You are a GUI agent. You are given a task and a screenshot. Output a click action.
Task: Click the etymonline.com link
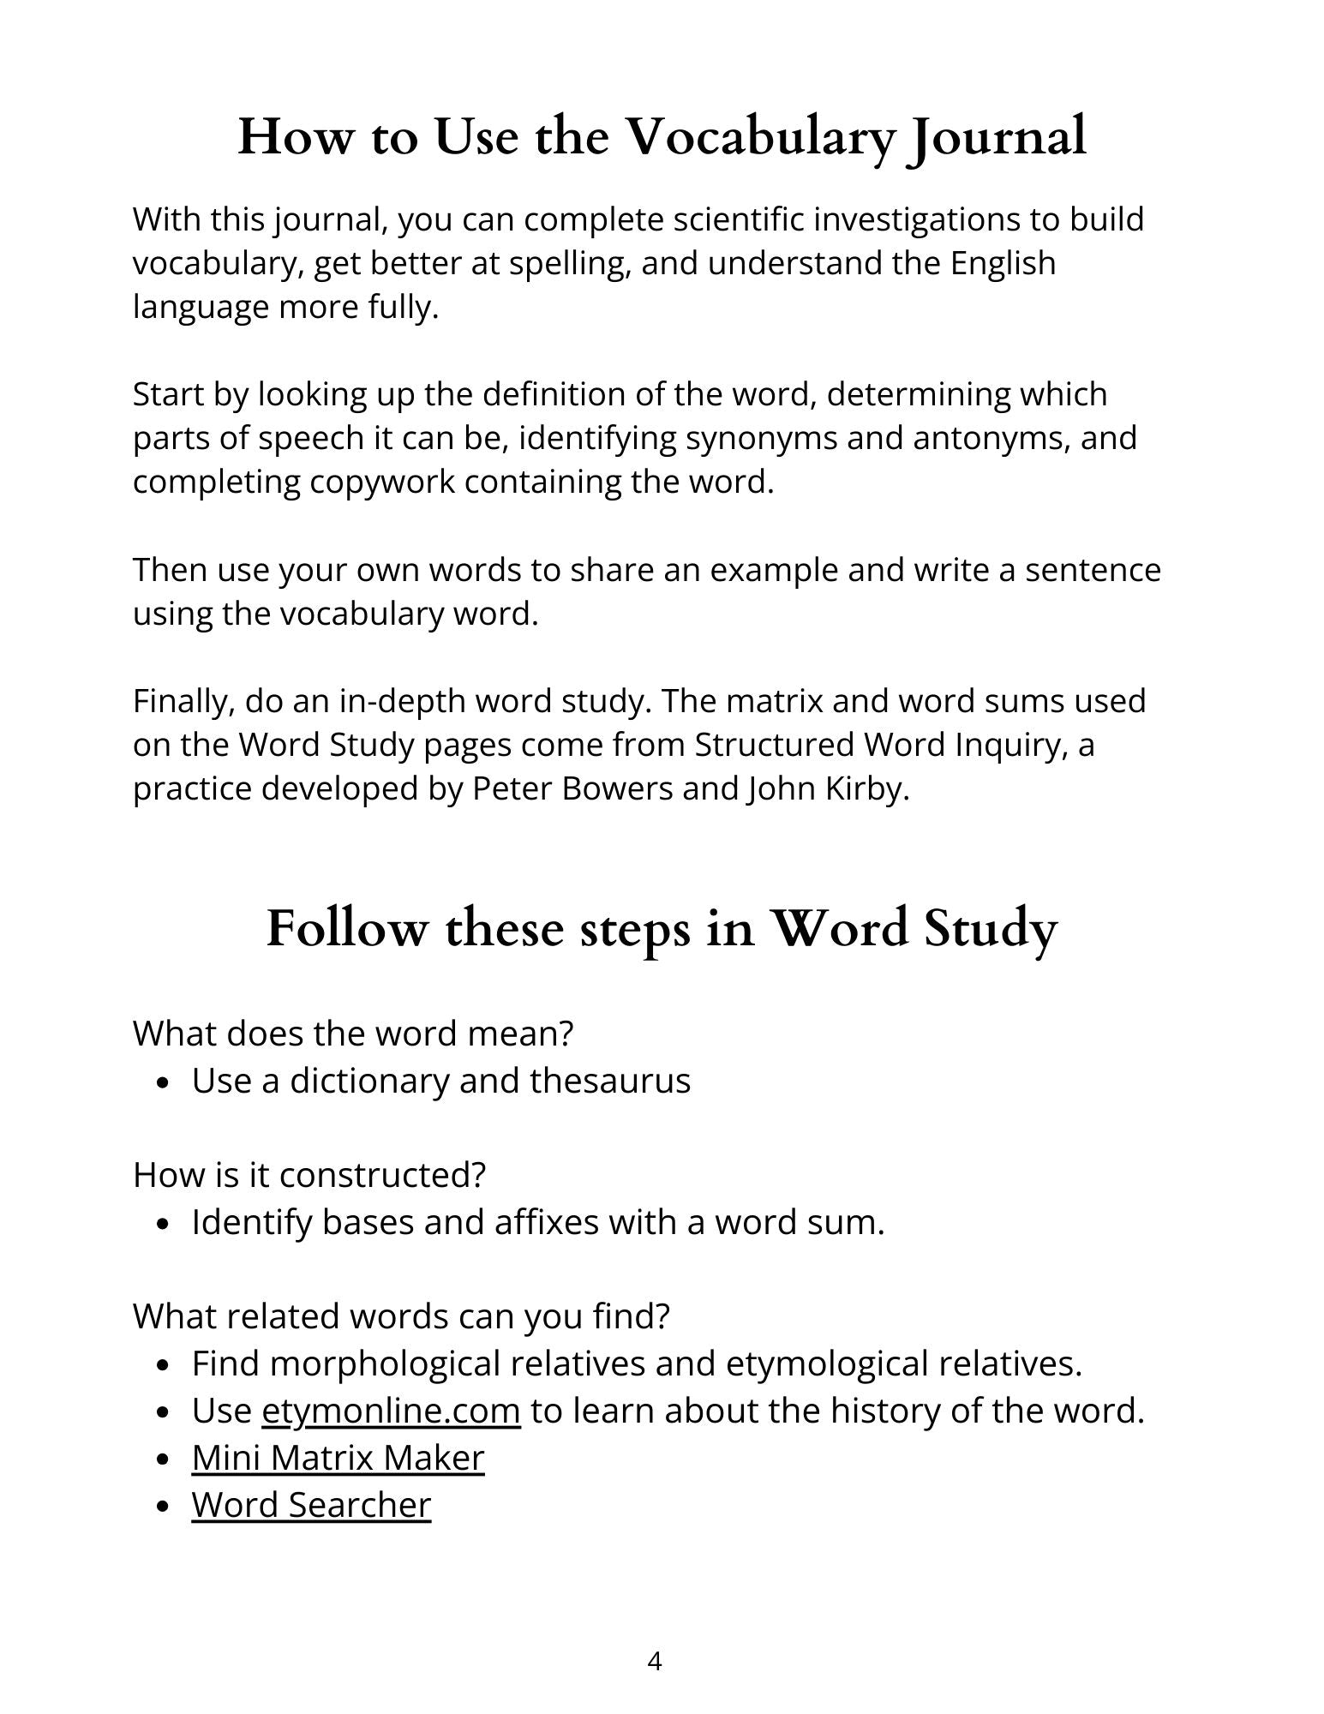pos(391,1410)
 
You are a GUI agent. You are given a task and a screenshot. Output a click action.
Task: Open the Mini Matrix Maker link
pos(338,1457)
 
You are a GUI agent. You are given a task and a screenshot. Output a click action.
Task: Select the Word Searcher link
pos(311,1504)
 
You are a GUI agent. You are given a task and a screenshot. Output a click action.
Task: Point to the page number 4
pos(655,1662)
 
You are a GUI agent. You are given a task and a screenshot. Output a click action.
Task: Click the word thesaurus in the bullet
pos(610,1081)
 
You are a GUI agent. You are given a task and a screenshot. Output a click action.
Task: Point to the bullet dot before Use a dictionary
pos(164,1083)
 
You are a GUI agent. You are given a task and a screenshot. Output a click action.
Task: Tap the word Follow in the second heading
pos(344,929)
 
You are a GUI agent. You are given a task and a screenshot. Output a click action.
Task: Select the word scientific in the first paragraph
pos(738,219)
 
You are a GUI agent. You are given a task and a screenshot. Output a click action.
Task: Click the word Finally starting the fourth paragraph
pos(183,701)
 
